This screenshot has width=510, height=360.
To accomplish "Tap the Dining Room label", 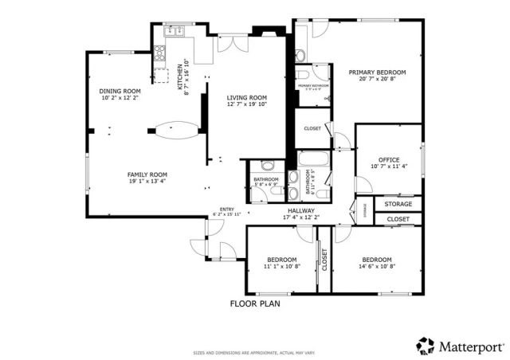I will pos(120,92).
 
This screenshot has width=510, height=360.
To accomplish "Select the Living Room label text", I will pos(246,98).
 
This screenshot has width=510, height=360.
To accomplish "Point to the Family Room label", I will pos(147,174).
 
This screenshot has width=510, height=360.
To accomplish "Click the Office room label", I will pos(390,159).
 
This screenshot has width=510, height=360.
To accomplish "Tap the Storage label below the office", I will pos(398,205).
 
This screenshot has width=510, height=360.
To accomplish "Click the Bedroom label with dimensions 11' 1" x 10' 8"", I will pos(282,260).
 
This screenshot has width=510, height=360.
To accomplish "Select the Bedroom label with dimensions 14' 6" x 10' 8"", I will pos(377,260).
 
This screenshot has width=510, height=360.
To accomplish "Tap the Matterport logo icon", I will pos(426,346).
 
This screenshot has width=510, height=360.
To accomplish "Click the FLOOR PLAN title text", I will pos(255,303).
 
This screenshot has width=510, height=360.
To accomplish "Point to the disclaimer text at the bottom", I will pos(255,353).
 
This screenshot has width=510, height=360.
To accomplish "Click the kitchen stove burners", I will pos(159,54).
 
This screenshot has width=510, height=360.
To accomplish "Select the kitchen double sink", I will pos(174,33).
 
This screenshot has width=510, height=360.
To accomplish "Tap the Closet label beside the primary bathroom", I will pos(312,128).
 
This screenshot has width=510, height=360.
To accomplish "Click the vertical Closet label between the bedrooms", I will pos(324,260).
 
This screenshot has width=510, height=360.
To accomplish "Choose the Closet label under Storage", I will pos(398,219).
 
